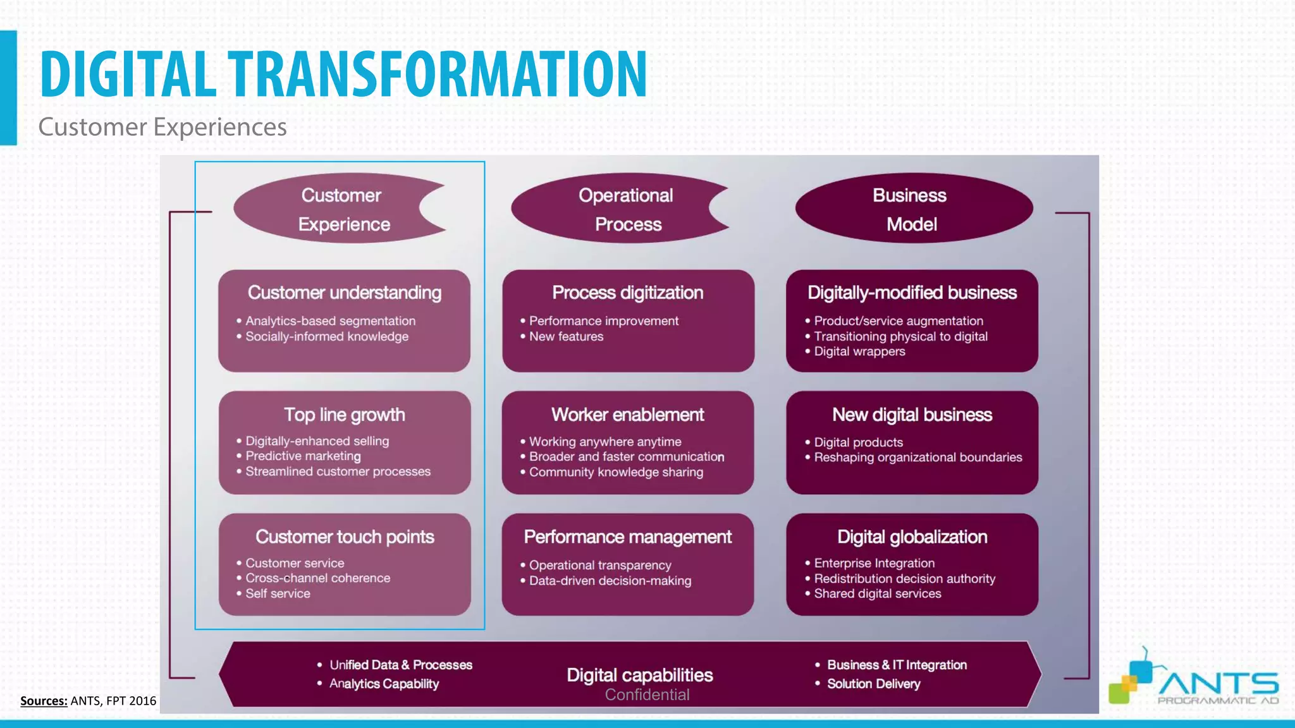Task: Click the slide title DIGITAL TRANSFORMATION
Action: coord(343,75)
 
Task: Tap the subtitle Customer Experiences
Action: coord(163,127)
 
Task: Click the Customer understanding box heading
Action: coord(345,293)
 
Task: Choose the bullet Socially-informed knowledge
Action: coord(326,337)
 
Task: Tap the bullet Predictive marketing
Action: coord(303,456)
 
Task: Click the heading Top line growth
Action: coord(345,415)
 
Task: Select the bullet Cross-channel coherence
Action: coord(317,578)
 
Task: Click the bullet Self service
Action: coord(278,594)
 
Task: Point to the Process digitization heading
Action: coord(627,293)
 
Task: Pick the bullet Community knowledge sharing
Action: coord(616,472)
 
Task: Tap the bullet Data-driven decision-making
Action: coord(610,581)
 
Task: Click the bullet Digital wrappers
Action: coord(859,351)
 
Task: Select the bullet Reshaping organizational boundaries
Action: coord(918,458)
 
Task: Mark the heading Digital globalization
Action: coord(912,537)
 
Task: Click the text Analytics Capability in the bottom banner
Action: coord(384,684)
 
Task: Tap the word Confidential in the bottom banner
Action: coord(647,695)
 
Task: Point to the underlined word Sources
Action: coord(44,701)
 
